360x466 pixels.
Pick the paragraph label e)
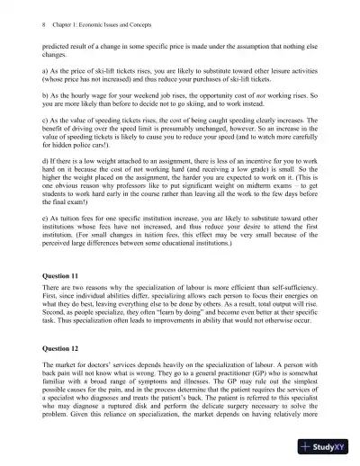coord(46,217)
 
